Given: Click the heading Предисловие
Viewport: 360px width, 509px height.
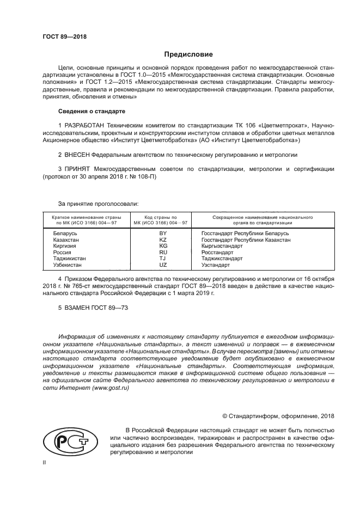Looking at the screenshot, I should click(185, 54).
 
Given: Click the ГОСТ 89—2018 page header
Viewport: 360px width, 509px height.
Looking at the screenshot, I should click(64, 36).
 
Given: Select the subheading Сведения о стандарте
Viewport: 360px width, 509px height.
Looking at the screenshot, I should click(91, 111).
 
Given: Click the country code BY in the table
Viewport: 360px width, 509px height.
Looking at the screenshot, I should click(162, 233).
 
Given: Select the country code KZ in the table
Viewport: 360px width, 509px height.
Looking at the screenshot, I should click(162, 240).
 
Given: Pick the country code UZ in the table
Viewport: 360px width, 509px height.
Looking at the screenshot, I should click(162, 265).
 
